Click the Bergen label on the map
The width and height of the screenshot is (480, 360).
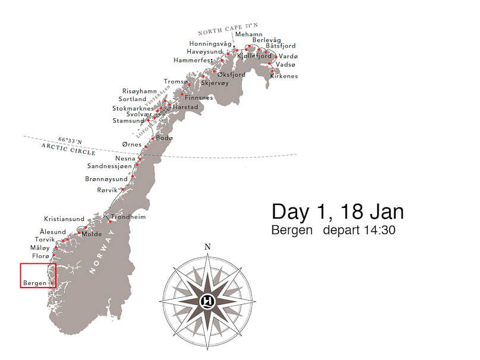[x=35, y=283]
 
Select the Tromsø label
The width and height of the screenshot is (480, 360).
[x=175, y=81]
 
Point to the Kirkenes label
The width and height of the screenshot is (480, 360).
[x=284, y=76]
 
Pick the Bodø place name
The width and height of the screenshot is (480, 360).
[x=164, y=138]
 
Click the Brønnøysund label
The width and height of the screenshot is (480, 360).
[x=106, y=179]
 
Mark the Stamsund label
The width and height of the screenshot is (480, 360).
[x=128, y=121]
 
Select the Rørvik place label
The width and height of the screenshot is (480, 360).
[x=108, y=190]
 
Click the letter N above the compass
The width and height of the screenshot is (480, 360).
[x=207, y=247]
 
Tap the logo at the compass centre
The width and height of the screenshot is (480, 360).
[x=207, y=299]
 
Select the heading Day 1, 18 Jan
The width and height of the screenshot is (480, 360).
[x=337, y=211]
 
